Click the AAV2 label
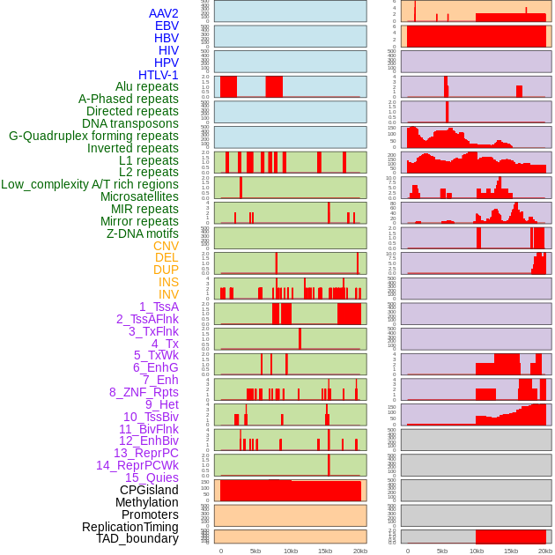[x=164, y=13]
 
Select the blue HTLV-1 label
[x=159, y=75]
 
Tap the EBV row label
[x=166, y=26]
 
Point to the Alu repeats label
[x=147, y=86]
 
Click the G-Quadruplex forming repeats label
[x=93, y=136]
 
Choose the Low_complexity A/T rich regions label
[x=90, y=184]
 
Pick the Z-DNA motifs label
[x=143, y=233]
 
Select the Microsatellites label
[x=139, y=196]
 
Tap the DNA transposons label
[x=130, y=123]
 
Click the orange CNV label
[x=166, y=246]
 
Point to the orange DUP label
[x=166, y=270]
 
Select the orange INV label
[x=168, y=294]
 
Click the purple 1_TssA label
[x=159, y=307]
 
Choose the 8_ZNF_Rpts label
[x=144, y=392]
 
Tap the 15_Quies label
[x=152, y=477]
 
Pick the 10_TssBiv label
[x=151, y=417]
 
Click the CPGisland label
[x=149, y=490]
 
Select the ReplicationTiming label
[x=130, y=527]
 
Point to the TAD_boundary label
[x=137, y=538]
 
